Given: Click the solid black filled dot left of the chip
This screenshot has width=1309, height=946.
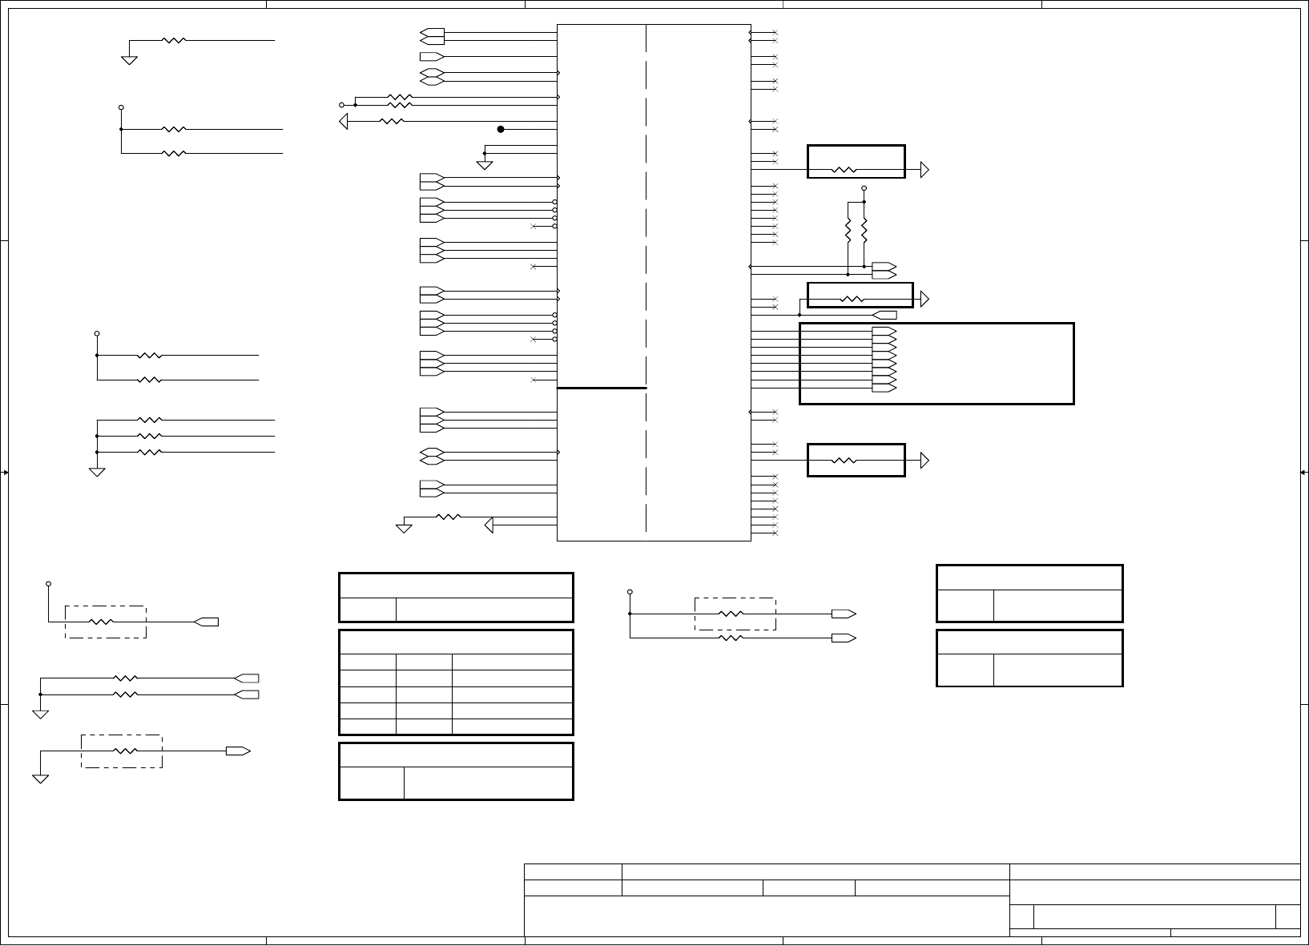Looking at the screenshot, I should [501, 129].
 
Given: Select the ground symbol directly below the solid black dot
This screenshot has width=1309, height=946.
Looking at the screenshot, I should [484, 165].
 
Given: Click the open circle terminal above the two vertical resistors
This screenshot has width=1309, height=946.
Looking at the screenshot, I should [864, 188].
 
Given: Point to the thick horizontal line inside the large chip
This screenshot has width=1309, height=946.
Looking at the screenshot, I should [602, 388].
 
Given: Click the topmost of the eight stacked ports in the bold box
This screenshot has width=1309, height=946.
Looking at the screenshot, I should [884, 331].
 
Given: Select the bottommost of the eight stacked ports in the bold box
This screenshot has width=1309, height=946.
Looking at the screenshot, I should [884, 388].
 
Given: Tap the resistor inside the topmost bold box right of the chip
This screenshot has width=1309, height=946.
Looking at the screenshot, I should [844, 170].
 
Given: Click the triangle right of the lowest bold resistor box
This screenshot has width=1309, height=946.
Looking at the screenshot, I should [924, 461].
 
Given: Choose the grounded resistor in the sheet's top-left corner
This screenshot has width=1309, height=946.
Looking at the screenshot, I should [174, 40].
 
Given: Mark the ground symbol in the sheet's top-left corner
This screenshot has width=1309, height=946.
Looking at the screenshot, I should [129, 60].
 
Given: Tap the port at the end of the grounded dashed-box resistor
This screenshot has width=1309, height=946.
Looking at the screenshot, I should [238, 751].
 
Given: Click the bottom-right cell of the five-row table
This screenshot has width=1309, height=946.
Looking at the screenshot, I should [512, 727].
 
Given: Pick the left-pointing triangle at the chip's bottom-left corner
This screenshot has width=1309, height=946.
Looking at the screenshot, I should [489, 525].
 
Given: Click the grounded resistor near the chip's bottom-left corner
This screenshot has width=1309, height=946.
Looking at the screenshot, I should [448, 517].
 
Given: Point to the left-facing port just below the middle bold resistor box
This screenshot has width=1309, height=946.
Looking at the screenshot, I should [884, 315].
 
